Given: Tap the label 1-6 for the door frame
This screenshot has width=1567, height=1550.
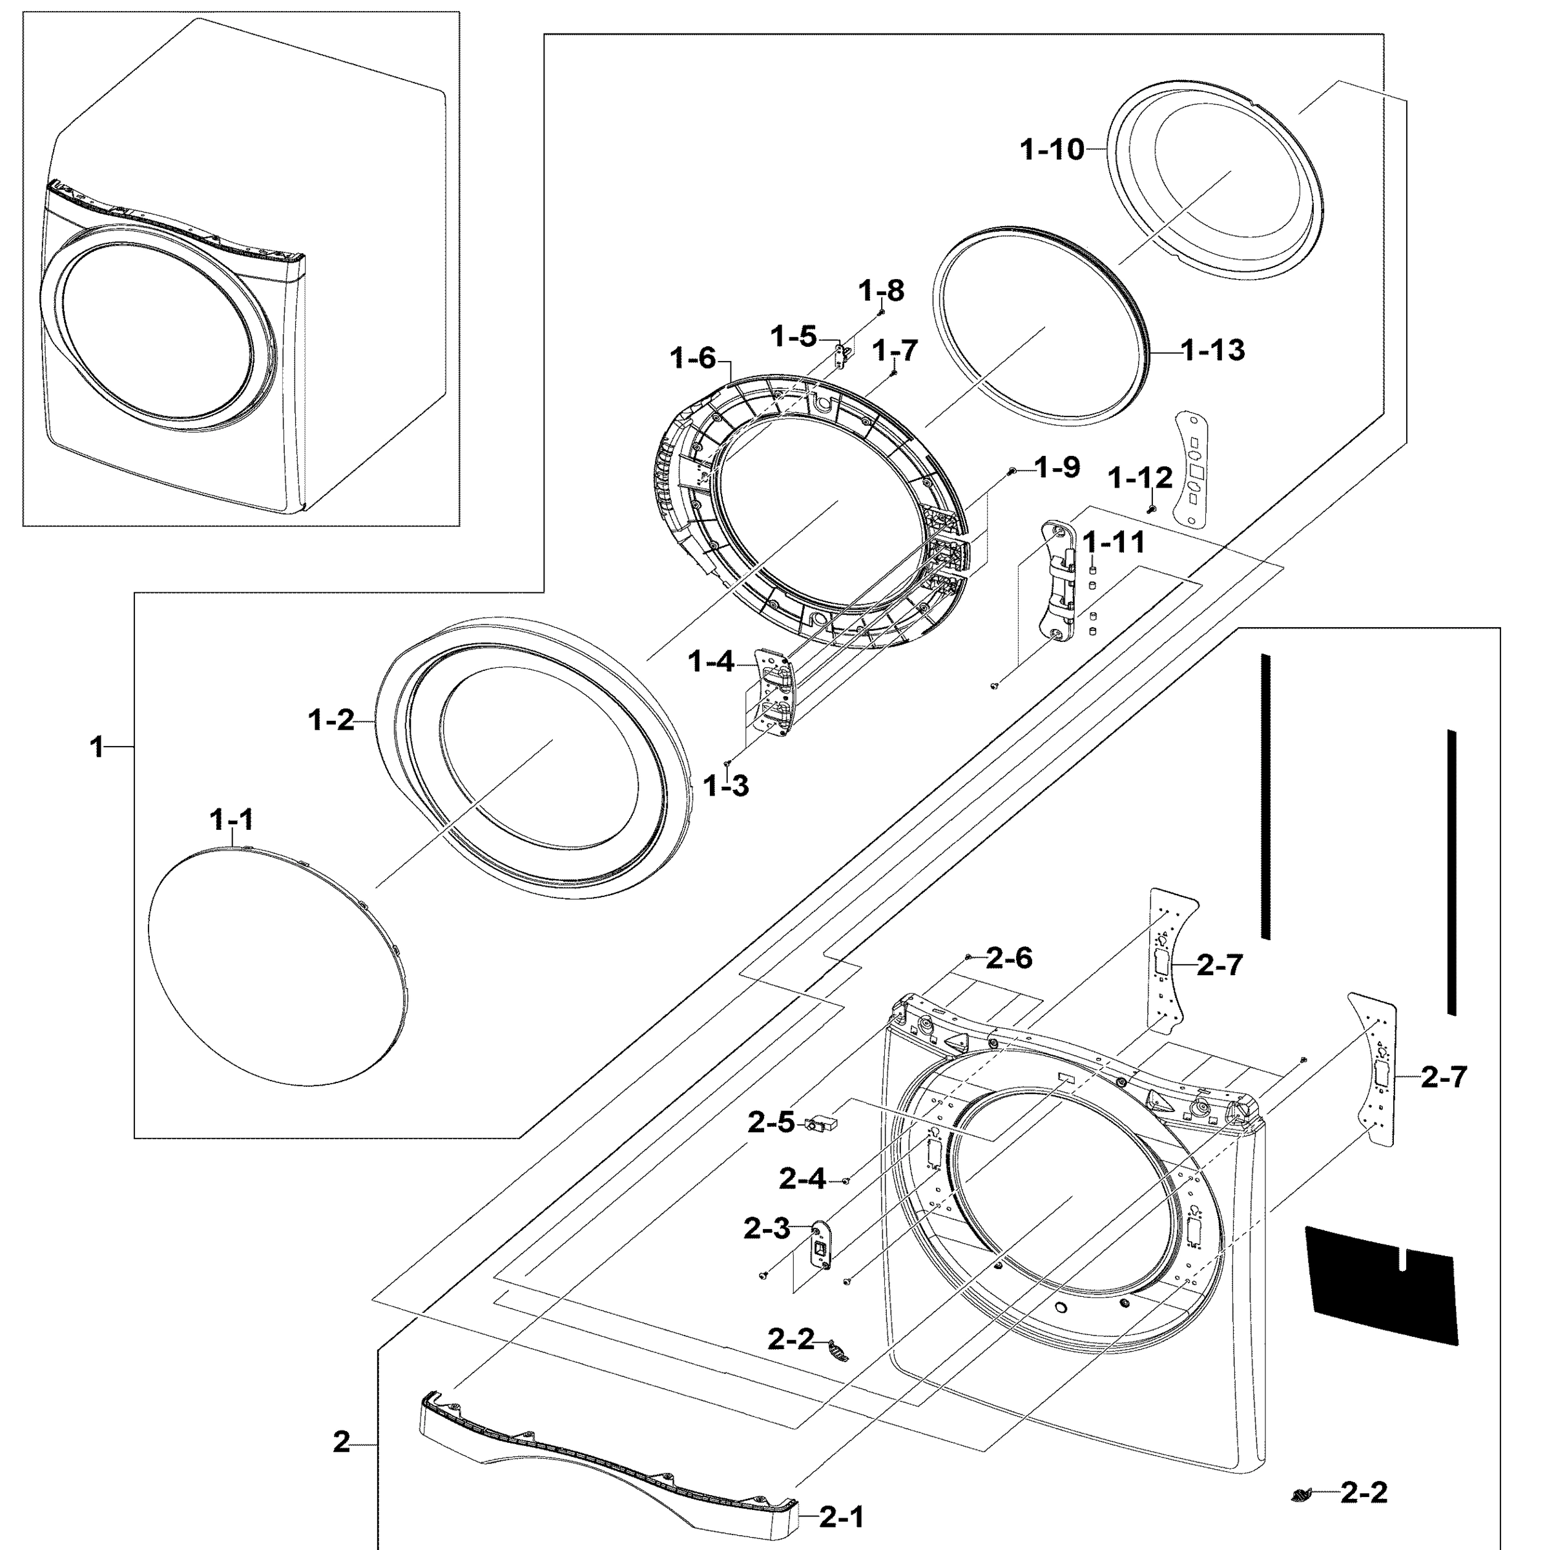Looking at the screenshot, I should point(694,358).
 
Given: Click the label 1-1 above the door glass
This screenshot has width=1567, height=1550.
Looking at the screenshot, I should point(232,820).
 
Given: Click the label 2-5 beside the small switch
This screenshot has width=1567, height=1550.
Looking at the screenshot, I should point(771,1123).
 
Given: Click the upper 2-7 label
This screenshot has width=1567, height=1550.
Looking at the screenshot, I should point(1219,966).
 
